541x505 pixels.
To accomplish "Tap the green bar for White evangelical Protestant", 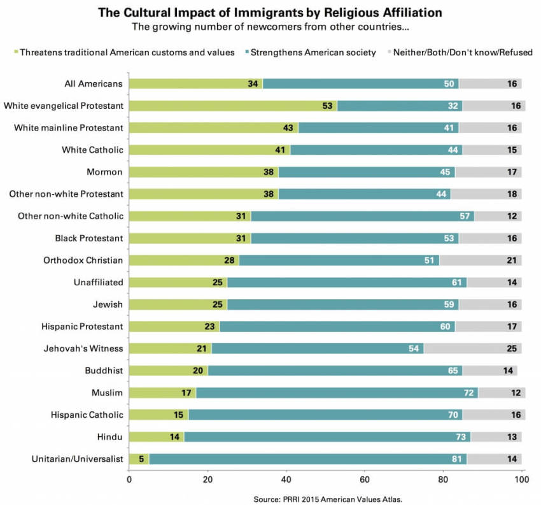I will coord(233,105).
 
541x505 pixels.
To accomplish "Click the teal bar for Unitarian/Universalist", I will coord(308,459).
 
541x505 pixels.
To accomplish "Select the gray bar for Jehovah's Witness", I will coord(473,348).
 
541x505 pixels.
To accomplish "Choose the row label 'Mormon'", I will coord(105,171).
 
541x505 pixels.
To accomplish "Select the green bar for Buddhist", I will coord(168,370).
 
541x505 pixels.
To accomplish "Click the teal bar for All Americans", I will coord(361,83).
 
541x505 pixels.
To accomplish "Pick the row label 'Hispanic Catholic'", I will coord(87,415).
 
